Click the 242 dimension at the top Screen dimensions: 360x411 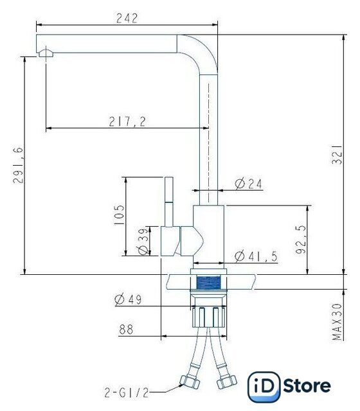(127, 18)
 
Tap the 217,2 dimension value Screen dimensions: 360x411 (127, 121)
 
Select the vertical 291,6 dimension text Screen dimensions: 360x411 (18, 166)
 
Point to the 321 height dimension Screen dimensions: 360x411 (337, 155)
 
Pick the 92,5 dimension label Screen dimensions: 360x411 (301, 240)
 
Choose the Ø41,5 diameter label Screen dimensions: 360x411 (256, 256)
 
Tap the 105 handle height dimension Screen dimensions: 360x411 (119, 214)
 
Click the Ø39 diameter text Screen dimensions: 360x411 (143, 241)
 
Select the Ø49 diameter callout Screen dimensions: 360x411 (128, 299)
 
